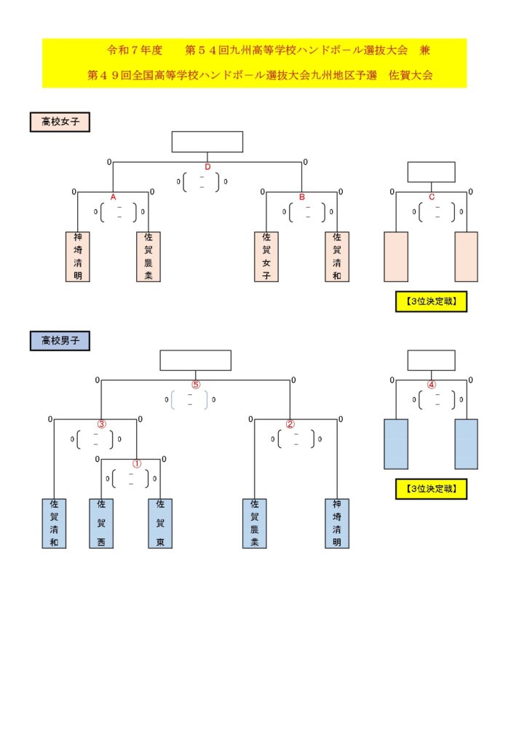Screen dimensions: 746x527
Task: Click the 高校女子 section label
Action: pos(60,122)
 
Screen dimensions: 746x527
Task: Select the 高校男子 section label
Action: pos(60,340)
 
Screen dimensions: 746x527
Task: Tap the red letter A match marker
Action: pos(114,197)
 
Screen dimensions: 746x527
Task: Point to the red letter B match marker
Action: pos(302,197)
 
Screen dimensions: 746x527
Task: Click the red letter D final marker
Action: pos(207,167)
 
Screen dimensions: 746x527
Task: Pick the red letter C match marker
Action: pos(432,197)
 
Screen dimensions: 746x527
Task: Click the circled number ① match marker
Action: pos(136,463)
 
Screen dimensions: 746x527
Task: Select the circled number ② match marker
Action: pos(290,424)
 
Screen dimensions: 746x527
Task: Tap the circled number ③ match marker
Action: pos(102,424)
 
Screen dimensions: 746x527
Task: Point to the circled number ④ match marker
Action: pos(432,385)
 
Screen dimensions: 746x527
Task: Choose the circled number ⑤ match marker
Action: pos(195,385)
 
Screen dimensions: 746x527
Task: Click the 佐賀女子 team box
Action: pos(266,256)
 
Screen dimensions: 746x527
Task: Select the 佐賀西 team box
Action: pos(101,523)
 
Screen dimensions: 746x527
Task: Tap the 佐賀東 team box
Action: pos(160,523)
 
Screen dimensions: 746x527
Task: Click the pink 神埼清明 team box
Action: pos(78,256)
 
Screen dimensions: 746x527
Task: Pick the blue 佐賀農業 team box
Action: pos(255,523)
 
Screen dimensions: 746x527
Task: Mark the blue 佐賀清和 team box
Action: pos(55,523)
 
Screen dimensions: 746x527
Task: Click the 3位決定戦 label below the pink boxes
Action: pos(431,301)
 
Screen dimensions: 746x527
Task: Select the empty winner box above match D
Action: pos(207,142)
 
